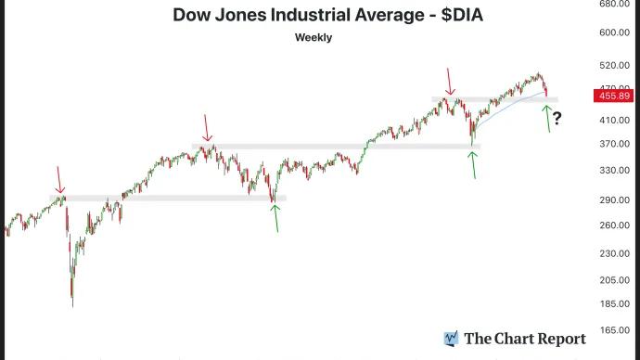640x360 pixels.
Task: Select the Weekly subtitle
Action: [314, 38]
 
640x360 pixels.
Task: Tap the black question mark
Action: [558, 116]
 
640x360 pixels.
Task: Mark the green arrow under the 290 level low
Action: [275, 217]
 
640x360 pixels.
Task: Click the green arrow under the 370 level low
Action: [473, 164]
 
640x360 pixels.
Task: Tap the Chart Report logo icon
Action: [452, 339]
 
